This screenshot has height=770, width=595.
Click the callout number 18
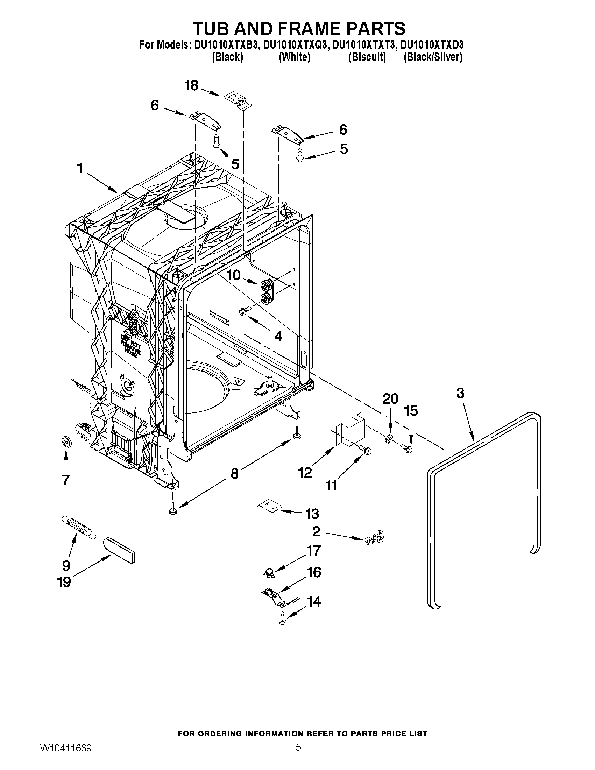[x=192, y=86]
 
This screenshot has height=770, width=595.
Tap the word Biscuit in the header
[x=367, y=57]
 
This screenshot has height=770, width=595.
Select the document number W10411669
[x=65, y=756]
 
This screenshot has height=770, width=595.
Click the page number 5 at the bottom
[x=298, y=755]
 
